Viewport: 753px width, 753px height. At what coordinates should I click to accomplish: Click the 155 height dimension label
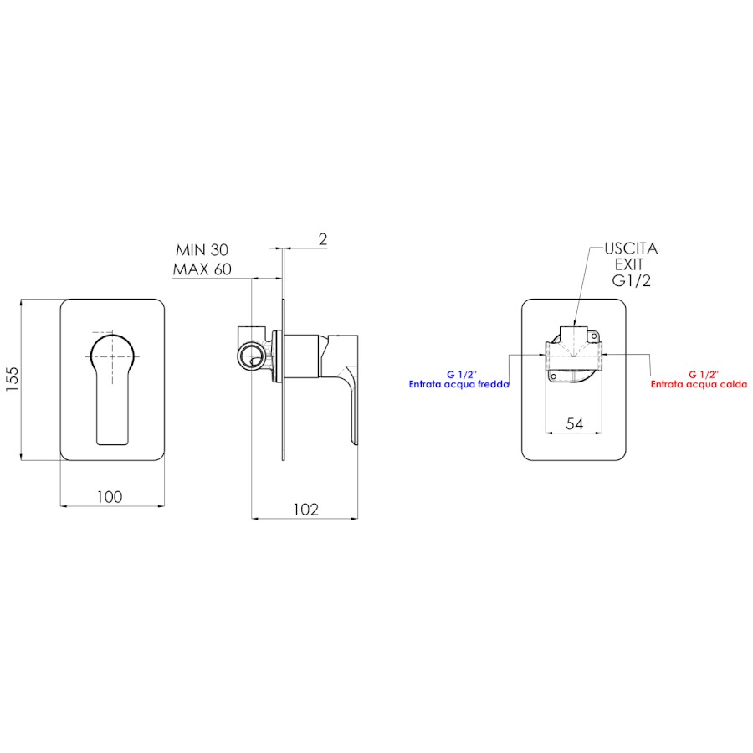[x=12, y=379]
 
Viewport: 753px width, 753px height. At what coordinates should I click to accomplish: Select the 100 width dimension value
[x=110, y=496]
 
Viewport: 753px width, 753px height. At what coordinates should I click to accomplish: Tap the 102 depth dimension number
[x=306, y=509]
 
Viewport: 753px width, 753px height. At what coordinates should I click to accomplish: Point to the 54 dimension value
[x=574, y=423]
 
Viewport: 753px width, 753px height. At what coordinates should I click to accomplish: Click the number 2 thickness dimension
[x=323, y=239]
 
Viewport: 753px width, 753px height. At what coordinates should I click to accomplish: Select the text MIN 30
[x=202, y=249]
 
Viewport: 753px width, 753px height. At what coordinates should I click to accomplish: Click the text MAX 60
[x=202, y=269]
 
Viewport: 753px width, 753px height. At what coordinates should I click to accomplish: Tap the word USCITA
[x=631, y=248]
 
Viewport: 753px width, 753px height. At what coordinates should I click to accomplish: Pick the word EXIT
[x=629, y=264]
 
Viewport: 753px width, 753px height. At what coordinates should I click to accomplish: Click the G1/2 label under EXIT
[x=631, y=280]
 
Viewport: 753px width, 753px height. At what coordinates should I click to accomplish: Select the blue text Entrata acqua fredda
[x=459, y=384]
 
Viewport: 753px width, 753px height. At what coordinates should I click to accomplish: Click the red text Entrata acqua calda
[x=699, y=384]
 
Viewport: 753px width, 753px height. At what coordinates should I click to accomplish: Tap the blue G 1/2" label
[x=462, y=375]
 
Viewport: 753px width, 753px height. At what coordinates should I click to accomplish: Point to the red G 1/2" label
[x=704, y=375]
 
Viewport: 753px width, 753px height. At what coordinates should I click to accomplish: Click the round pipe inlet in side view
[x=250, y=356]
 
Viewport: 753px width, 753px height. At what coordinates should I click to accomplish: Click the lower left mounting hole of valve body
[x=553, y=377]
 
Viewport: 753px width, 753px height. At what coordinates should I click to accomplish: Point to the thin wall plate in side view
[x=284, y=380]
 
